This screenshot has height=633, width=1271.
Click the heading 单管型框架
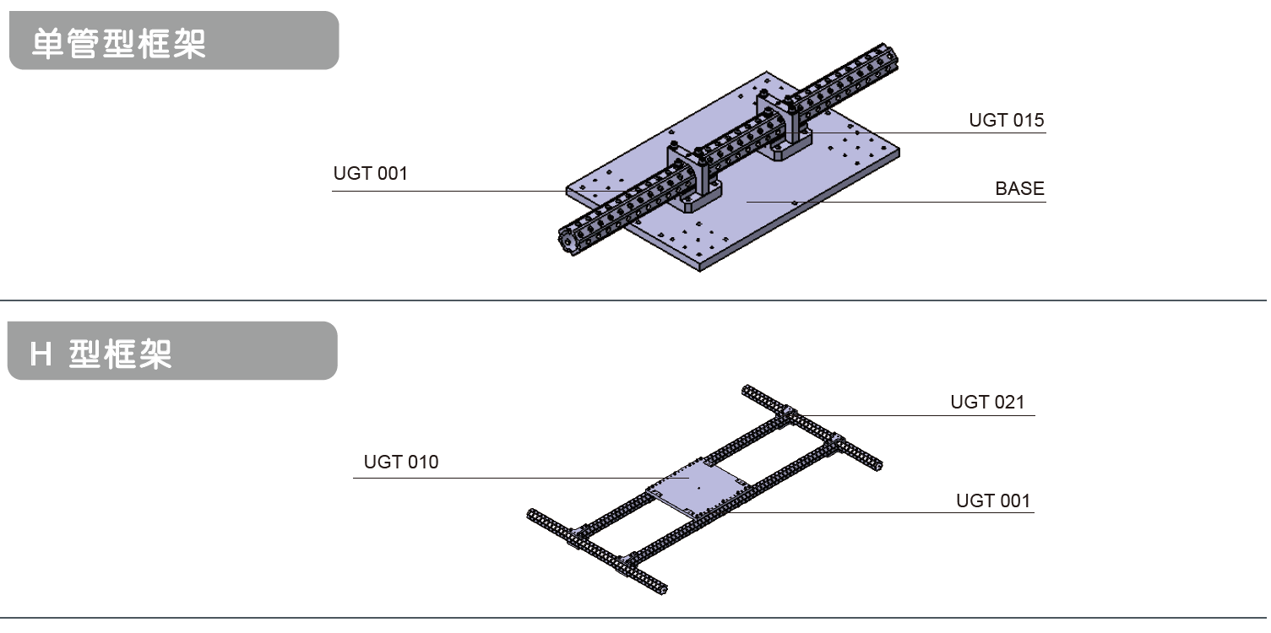[x=118, y=44]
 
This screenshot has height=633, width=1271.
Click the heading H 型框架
[x=100, y=354]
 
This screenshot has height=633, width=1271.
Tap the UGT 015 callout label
[x=1006, y=120]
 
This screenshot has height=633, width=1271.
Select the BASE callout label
[x=1019, y=188]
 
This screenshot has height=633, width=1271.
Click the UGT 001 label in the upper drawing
[x=371, y=174]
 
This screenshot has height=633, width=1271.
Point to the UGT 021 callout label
[x=987, y=402]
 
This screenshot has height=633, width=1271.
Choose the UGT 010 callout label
[x=401, y=463]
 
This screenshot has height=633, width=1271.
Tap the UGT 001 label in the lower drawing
[x=993, y=500]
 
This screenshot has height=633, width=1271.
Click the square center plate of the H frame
[x=698, y=487]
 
